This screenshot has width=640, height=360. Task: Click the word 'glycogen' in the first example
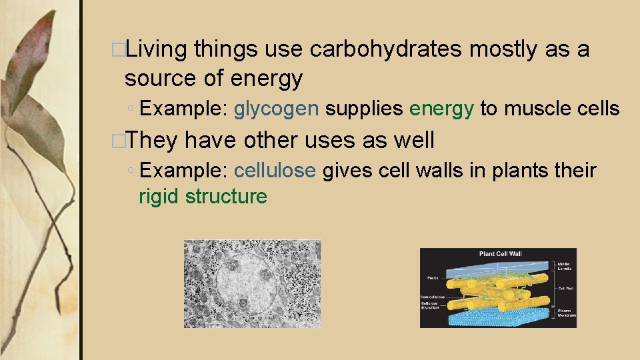click(276, 108)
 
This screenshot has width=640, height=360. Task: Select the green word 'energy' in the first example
click(442, 108)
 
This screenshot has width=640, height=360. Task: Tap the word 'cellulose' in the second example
click(274, 171)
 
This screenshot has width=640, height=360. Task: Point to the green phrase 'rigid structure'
click(203, 197)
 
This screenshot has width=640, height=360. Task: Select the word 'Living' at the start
click(158, 49)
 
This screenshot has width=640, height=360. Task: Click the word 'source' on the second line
click(161, 79)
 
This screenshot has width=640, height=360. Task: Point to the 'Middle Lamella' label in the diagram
click(565, 266)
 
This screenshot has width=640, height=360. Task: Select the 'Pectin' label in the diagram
click(429, 277)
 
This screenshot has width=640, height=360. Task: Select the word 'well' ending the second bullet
click(413, 140)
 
